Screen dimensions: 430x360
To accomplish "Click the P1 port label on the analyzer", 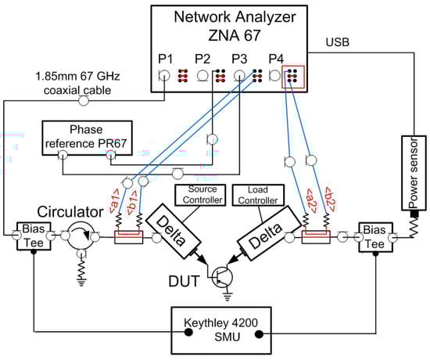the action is [166, 59].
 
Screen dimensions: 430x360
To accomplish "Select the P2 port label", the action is [202, 59].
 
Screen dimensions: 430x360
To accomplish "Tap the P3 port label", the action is [239, 59].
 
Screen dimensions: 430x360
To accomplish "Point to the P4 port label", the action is [276, 59].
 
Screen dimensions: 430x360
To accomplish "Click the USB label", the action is [337, 42].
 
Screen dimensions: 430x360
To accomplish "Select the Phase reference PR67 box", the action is [88, 138].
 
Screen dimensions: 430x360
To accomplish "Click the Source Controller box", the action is [200, 195].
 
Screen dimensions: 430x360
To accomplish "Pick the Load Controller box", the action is [258, 195].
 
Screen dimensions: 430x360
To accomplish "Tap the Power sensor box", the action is [414, 173].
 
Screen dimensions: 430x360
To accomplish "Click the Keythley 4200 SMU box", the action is [221, 330].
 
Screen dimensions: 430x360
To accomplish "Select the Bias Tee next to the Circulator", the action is [34, 236].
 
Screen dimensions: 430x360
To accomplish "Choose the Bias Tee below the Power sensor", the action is [376, 237].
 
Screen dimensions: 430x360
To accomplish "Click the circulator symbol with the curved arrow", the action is [81, 236].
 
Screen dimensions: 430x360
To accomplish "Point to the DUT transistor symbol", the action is [222, 277].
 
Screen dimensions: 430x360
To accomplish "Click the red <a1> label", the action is [114, 201].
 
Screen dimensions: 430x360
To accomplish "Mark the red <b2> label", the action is [330, 200].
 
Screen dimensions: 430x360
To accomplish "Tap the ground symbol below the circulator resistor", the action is [81, 283].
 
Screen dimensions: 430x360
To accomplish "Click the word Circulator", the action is [70, 212].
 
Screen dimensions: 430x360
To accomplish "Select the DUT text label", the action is [184, 282].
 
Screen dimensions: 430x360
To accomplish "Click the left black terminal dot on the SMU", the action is [188, 333].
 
